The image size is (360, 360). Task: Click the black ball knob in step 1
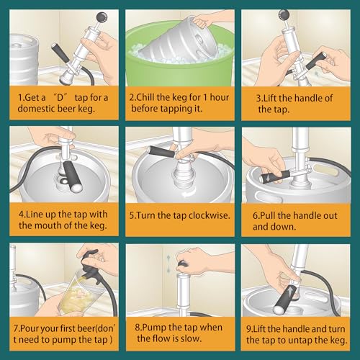tap(102, 17)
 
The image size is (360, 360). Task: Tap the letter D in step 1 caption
tap(60, 98)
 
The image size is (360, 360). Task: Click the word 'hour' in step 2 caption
tap(220, 97)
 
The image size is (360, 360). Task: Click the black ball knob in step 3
tap(284, 15)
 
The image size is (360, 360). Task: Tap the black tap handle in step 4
tap(71, 176)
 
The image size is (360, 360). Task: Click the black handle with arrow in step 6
tap(276, 176)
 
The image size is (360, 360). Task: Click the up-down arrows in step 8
tap(168, 264)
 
